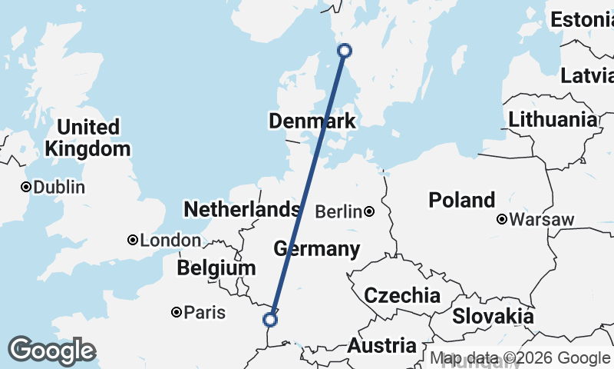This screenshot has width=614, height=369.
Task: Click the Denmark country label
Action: (312, 121)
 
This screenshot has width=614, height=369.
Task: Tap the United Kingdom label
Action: (88, 138)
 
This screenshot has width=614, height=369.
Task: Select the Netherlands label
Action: (241, 209)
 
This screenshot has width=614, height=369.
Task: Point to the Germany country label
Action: (316, 249)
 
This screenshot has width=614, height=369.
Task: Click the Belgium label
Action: (216, 268)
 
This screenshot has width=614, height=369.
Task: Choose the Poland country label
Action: (461, 200)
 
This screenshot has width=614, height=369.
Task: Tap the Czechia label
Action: (402, 295)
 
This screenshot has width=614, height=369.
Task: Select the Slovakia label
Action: (492, 316)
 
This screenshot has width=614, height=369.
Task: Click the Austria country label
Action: (381, 346)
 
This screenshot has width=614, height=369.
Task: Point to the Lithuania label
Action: (552, 119)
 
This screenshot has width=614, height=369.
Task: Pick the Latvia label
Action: (587, 75)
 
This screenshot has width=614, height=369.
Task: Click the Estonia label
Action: (582, 20)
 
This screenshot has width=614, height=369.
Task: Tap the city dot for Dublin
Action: (26, 187)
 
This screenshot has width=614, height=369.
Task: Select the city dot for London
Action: (133, 241)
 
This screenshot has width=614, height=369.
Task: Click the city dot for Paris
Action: (177, 312)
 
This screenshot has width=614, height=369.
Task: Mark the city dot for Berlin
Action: (369, 211)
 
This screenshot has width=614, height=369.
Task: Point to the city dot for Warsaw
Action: (502, 219)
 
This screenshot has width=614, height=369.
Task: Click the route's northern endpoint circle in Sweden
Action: (345, 51)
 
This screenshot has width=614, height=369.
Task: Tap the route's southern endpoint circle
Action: (269, 319)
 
